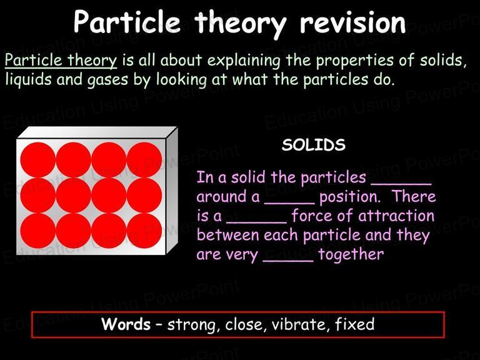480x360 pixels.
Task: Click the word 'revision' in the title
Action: tap(352, 22)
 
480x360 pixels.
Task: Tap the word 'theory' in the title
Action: tap(240, 24)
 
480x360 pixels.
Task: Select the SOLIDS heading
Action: tap(314, 144)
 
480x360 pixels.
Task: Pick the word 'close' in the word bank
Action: tap(244, 324)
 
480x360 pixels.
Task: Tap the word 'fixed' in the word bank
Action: tap(354, 324)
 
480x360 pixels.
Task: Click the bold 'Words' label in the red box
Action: tap(126, 324)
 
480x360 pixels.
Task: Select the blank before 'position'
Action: tap(289, 203)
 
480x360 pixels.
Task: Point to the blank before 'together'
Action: tap(288, 261)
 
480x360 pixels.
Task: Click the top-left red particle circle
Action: tap(38, 159)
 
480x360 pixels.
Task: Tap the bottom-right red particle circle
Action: tap(144, 231)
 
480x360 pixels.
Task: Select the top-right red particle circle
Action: tap(144, 159)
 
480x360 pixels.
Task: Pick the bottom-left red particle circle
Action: tap(38, 231)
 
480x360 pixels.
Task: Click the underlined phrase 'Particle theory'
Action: tap(61, 60)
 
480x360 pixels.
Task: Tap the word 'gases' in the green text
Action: tap(107, 80)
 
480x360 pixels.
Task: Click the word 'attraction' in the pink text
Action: tap(396, 216)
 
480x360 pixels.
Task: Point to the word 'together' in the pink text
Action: tap(351, 255)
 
